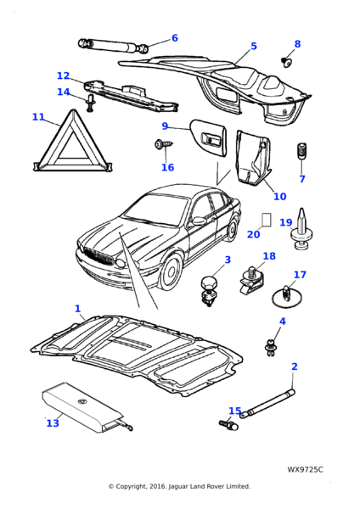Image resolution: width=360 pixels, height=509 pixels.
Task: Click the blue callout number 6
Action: (x=174, y=38)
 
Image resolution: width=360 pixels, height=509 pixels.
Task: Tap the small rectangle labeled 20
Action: (x=267, y=220)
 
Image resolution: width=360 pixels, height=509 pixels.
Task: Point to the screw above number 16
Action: (x=164, y=144)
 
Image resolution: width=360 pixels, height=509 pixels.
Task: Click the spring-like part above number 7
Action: (x=302, y=151)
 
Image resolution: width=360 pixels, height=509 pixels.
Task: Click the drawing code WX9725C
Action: (x=305, y=469)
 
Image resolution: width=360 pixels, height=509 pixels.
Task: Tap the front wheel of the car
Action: (x=171, y=273)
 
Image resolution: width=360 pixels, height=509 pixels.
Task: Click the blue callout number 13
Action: (x=53, y=422)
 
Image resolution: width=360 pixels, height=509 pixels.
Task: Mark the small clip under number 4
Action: (x=270, y=347)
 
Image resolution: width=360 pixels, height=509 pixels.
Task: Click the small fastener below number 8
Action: (x=286, y=61)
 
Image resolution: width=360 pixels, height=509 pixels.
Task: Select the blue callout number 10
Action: (x=279, y=197)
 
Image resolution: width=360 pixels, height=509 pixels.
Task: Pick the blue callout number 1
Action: (x=77, y=309)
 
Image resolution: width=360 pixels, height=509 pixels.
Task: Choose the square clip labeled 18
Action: (x=252, y=281)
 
